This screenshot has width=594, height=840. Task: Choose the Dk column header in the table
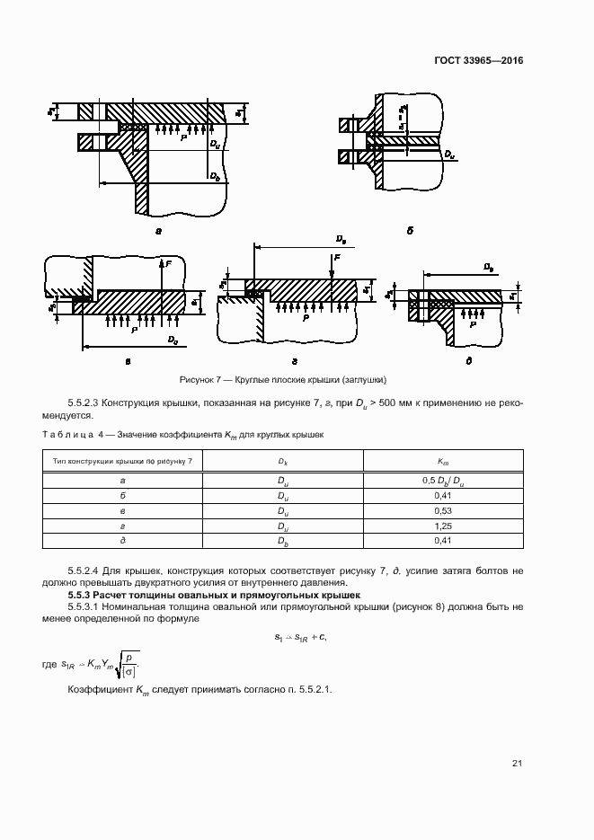282,461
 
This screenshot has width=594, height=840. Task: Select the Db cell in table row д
282,541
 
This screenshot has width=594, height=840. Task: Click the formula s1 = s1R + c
299,637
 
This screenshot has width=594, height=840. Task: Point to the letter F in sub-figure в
167,264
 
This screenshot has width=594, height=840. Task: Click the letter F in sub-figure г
336,256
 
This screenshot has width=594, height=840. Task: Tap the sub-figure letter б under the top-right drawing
409,230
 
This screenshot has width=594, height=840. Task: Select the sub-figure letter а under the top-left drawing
158,231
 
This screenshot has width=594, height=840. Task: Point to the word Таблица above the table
66,434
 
